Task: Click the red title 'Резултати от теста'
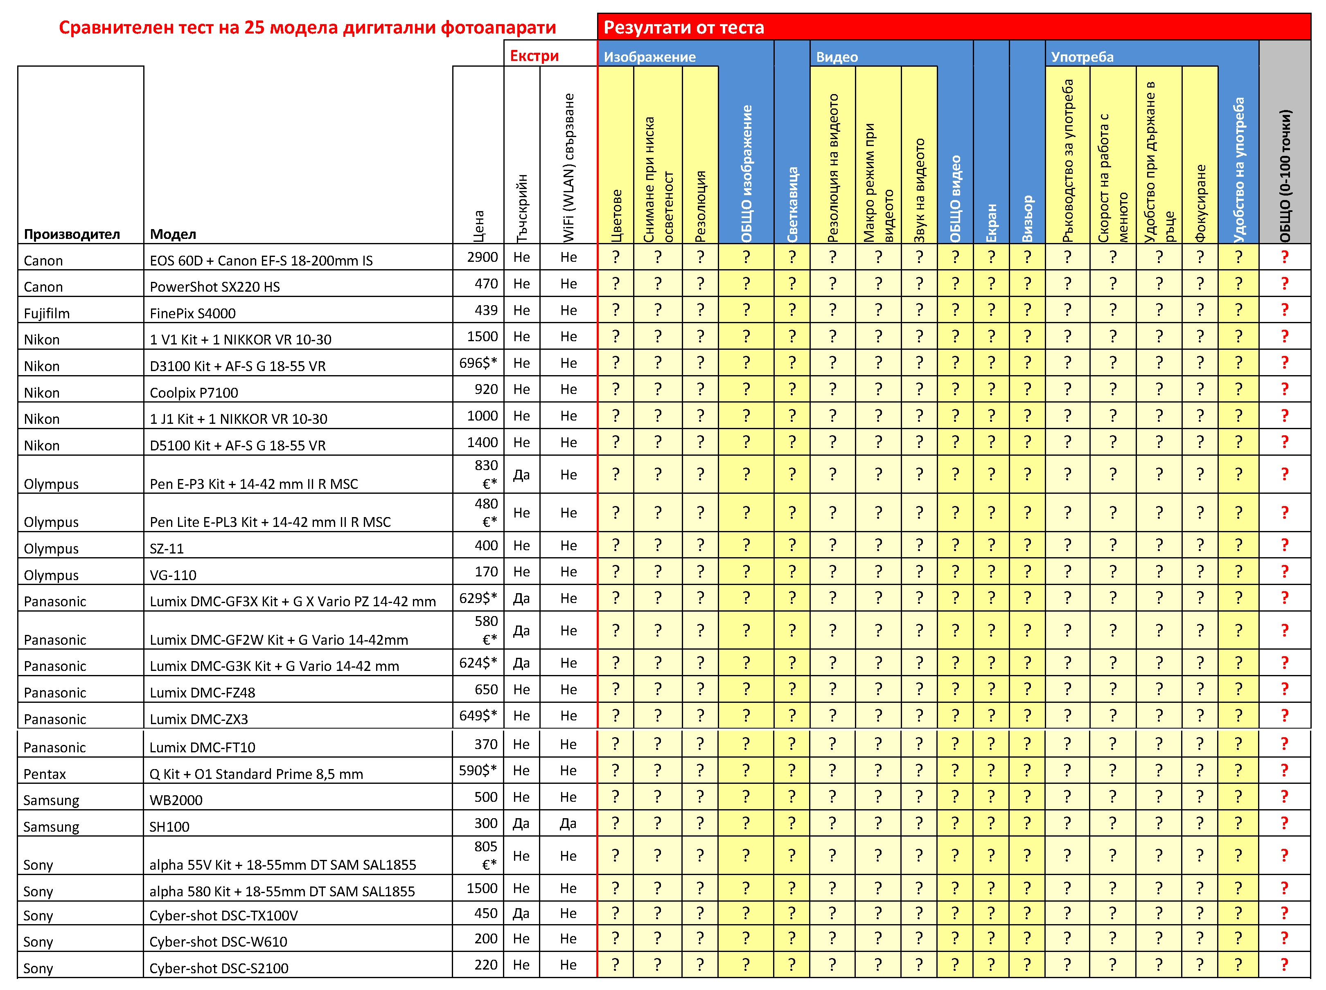click(683, 27)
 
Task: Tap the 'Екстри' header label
click(534, 56)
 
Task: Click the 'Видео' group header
click(837, 57)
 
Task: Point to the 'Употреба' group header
click(1082, 57)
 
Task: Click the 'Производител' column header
click(72, 234)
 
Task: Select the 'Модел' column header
click(173, 234)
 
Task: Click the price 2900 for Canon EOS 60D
click(483, 257)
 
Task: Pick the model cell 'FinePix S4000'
click(192, 313)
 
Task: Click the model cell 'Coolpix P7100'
click(194, 393)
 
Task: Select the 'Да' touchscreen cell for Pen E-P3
click(521, 475)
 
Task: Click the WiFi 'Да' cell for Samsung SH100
click(568, 823)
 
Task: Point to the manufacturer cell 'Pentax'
click(45, 774)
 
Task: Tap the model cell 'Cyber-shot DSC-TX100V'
click(223, 916)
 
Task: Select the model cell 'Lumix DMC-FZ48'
click(202, 693)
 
